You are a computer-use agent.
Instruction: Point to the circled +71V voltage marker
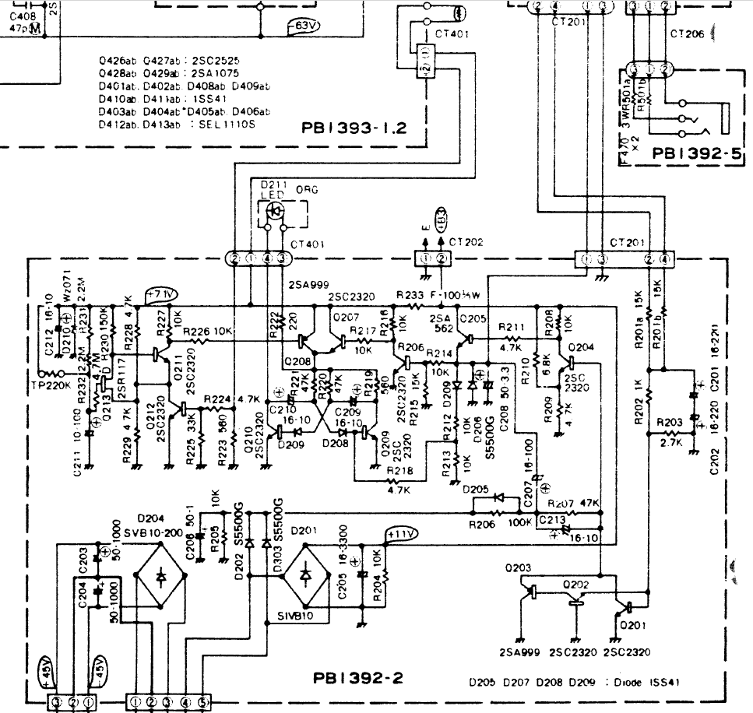(163, 293)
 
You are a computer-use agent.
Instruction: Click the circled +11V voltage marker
(402, 533)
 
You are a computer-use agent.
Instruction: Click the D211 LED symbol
(275, 210)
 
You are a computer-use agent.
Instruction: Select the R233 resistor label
(410, 296)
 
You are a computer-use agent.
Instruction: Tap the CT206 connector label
(687, 33)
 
